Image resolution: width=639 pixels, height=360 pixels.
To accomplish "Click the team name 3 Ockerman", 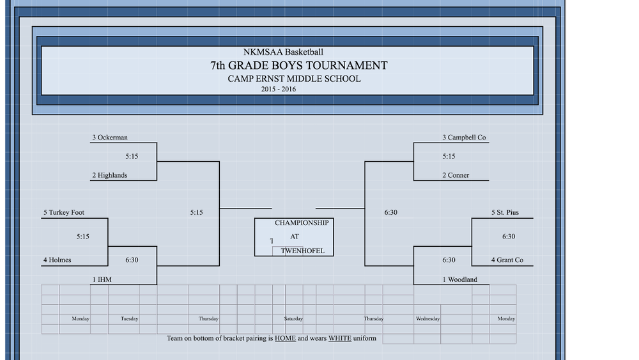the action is coord(110,137).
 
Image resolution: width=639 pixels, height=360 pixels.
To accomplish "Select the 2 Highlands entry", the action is coord(110,175).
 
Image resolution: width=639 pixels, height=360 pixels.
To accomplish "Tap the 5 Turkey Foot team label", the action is coord(64,212).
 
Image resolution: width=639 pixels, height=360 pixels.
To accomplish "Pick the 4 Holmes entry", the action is coord(58,260).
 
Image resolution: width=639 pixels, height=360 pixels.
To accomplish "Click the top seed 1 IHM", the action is coord(102,279).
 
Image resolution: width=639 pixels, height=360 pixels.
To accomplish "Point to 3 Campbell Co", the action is coord(464,137).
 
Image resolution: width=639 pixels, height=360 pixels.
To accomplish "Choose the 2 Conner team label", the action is coord(456,175).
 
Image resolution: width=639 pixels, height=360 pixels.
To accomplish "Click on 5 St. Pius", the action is coord(505,212).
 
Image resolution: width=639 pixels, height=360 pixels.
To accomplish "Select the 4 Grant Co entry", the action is coord(507,260).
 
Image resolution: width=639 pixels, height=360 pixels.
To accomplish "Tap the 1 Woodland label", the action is coord(459,279).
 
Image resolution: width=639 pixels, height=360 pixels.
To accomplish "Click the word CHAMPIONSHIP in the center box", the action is coord(302,223).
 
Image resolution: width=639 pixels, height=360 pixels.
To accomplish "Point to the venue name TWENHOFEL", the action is coord(303,251).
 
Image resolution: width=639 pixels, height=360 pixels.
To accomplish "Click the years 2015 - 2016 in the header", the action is coord(279,90).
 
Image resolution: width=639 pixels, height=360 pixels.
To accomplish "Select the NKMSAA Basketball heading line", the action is coord(283,52).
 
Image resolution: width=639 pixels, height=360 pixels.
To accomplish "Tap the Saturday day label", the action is coord(293,319).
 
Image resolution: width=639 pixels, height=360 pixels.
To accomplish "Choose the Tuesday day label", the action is coord(129,319).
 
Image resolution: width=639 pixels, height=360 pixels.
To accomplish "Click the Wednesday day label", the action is coord(427,319).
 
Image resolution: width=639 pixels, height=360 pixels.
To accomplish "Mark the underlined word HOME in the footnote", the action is coord(285,338).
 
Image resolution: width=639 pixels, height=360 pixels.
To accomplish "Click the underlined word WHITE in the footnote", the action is coord(340,338).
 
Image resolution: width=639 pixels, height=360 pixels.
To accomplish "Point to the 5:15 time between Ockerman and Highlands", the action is coord(132,157).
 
